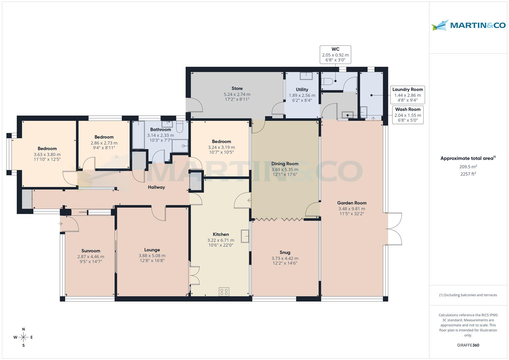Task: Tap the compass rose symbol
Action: click(23, 337)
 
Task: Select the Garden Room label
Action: click(352, 203)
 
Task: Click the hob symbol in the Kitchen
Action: click(224, 292)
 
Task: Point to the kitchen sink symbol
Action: click(245, 236)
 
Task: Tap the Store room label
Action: click(237, 88)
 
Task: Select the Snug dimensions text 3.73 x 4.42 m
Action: click(285, 258)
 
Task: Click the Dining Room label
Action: click(285, 164)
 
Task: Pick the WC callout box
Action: click(335, 55)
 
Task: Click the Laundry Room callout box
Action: click(407, 95)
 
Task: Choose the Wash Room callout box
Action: click(407, 115)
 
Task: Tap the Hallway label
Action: click(156, 187)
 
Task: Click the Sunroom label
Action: click(91, 251)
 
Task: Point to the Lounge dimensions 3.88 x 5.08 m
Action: click(152, 256)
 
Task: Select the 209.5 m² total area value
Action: click(468, 167)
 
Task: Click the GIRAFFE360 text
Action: click(468, 345)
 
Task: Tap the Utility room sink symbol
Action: click(306, 76)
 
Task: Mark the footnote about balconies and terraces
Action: click(468, 295)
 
